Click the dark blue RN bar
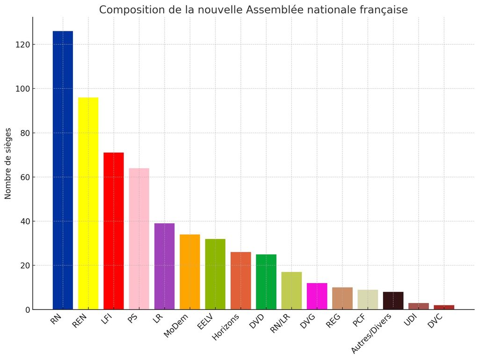pos(63,170)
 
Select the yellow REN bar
pos(88,203)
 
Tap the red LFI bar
pos(114,231)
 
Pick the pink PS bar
pos(139,239)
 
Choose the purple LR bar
pos(164,266)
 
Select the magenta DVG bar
pos(317,296)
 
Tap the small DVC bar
pos(444,307)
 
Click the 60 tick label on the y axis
pos(25,178)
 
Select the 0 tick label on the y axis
pos(28,310)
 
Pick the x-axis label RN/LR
pos(280,323)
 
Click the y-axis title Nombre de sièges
pos(8,164)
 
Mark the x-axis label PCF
pos(359,320)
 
